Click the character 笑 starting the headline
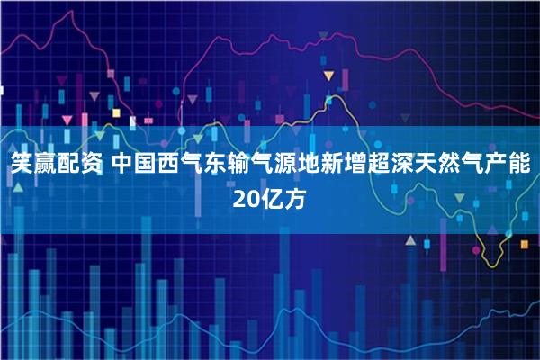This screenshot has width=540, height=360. coord(22,166)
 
